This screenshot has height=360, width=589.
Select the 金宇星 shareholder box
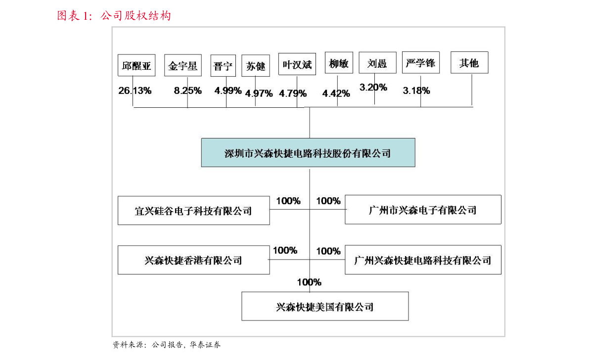[x=182, y=65]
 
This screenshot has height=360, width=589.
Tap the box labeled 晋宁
[x=223, y=66]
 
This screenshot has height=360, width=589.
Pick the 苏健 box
[x=256, y=66]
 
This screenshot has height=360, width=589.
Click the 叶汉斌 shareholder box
[x=297, y=64]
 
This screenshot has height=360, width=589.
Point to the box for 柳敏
[x=339, y=63]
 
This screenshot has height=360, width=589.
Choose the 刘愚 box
[x=377, y=63]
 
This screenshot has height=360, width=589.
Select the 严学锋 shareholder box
[x=420, y=63]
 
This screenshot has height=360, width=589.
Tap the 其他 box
[x=469, y=63]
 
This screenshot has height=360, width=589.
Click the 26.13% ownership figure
[x=135, y=90]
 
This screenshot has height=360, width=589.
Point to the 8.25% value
[x=187, y=90]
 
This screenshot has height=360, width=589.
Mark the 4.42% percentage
[x=336, y=93]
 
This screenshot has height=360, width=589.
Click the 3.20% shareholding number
[x=373, y=87]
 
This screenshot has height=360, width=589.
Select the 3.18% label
[x=416, y=90]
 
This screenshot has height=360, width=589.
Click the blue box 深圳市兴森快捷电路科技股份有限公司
[x=308, y=153]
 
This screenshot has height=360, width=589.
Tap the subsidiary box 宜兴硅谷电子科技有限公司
[x=193, y=210]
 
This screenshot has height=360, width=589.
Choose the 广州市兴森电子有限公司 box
[x=423, y=210]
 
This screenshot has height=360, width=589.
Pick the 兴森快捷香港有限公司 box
[x=193, y=260]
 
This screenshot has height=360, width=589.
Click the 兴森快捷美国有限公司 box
[x=325, y=307]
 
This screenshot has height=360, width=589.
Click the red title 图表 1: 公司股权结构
[x=114, y=16]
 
